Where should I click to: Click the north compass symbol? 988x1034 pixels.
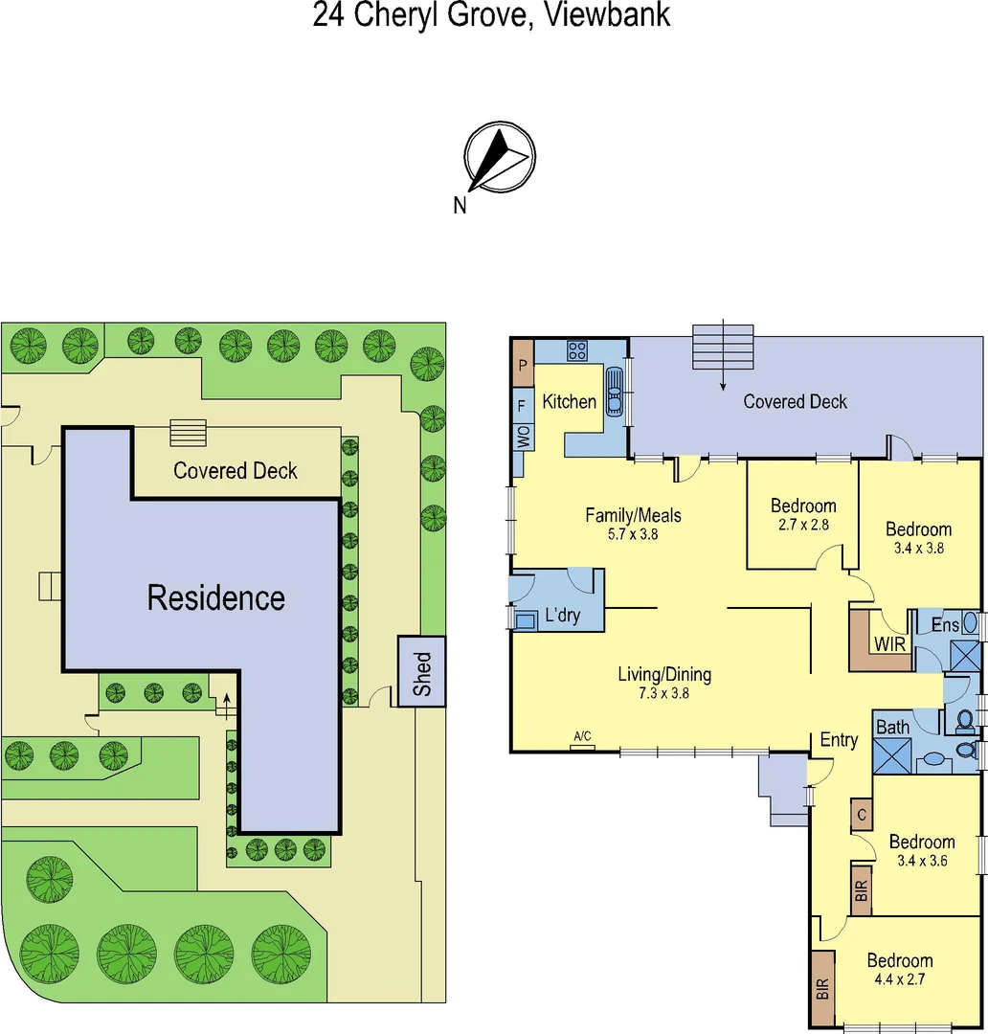tap(499, 159)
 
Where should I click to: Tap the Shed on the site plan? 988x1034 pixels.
tap(422, 672)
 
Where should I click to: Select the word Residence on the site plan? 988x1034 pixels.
tap(215, 598)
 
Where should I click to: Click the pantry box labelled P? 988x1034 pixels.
tap(523, 365)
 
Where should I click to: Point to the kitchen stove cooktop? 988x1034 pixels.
tap(577, 351)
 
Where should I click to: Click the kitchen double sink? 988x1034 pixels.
tap(614, 391)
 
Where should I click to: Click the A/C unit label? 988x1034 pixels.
tap(582, 736)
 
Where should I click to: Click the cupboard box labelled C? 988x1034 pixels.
tap(862, 816)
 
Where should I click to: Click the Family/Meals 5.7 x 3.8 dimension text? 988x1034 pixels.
tap(634, 534)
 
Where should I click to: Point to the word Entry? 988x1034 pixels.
tap(839, 740)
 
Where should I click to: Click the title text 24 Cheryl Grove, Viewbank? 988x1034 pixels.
tap(491, 15)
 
